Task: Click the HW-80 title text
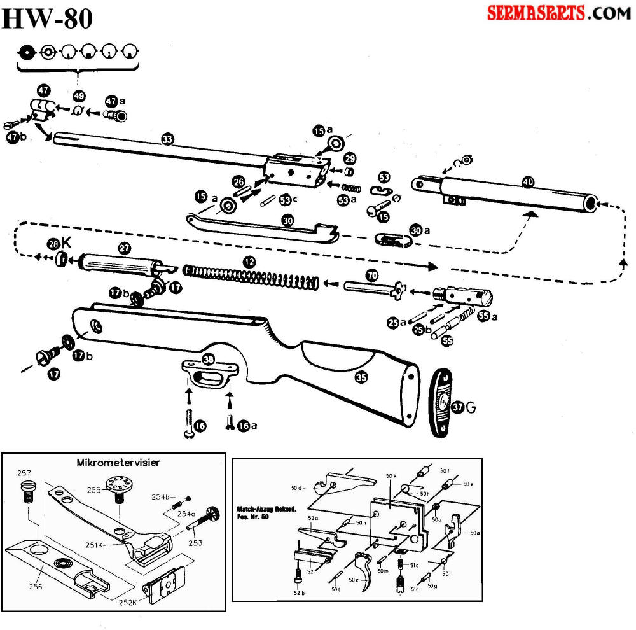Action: tap(48, 19)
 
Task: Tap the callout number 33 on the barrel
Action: tap(167, 139)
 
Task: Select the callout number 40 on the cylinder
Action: tap(527, 182)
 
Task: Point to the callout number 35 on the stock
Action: tap(361, 377)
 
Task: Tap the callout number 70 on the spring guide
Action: tap(371, 275)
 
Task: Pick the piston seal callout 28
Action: tap(53, 244)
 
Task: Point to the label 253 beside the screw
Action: tap(195, 542)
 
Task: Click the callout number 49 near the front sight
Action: tap(79, 96)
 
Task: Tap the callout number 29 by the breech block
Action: tap(350, 158)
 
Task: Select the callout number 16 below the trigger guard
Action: tap(200, 426)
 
